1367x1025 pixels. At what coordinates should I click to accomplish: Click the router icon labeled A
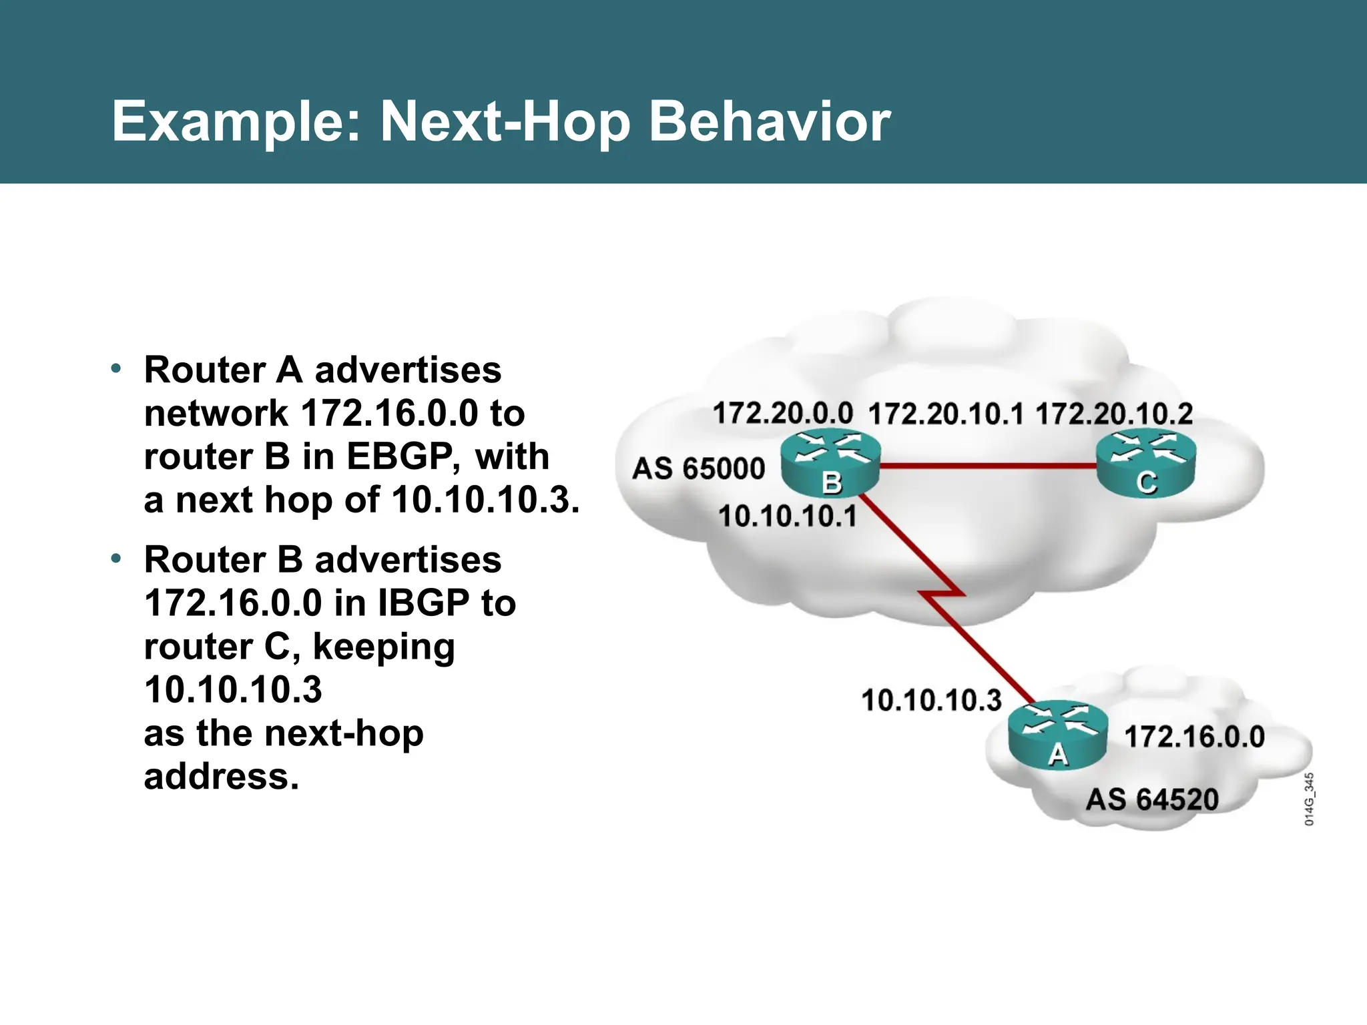(x=1058, y=735)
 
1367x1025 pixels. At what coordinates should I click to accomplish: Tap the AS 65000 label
(x=698, y=468)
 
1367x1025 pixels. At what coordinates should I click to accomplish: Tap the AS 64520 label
(x=1152, y=799)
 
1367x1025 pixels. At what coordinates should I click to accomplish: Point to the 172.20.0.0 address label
(x=782, y=413)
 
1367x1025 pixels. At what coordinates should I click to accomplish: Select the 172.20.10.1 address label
(x=945, y=414)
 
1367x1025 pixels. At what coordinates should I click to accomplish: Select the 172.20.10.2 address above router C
(x=1113, y=414)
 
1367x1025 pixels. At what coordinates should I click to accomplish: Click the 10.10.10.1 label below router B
(x=787, y=517)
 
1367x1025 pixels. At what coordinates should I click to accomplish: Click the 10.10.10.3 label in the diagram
(x=931, y=701)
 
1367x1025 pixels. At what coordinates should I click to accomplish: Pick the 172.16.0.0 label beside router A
(x=1194, y=737)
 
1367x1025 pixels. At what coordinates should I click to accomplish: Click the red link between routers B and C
(x=988, y=465)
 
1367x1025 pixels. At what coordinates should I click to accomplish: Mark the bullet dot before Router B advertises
(x=116, y=558)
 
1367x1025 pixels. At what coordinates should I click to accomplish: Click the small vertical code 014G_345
(x=1309, y=799)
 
